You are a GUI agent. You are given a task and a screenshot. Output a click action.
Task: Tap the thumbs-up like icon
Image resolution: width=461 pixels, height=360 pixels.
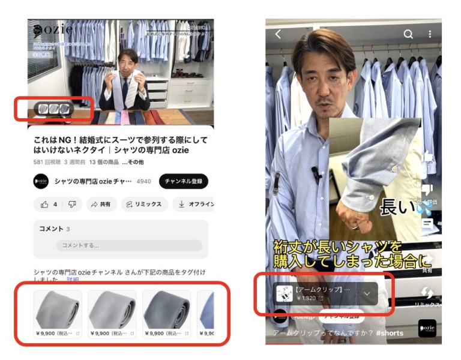44,205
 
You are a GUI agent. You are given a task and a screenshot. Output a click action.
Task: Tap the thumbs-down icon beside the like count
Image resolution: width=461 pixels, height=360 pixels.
71,205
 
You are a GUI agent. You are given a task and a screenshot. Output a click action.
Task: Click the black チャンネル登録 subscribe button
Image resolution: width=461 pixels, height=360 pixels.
183,181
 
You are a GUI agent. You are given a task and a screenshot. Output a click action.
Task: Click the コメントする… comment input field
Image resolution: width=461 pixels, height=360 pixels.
129,245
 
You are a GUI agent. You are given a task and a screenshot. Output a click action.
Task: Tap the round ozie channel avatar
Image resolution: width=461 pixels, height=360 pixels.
41,181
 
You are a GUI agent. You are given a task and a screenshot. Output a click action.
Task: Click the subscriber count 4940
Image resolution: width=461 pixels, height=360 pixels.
144,181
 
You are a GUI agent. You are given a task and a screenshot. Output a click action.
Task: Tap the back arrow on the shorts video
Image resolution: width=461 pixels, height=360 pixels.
278,35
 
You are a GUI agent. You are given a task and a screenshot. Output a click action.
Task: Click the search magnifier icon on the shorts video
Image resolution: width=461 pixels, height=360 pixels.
408,34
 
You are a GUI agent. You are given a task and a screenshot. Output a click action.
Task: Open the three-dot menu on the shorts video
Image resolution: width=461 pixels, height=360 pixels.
430,34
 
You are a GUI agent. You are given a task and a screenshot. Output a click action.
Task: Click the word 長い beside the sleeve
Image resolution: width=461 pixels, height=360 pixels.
397,208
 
